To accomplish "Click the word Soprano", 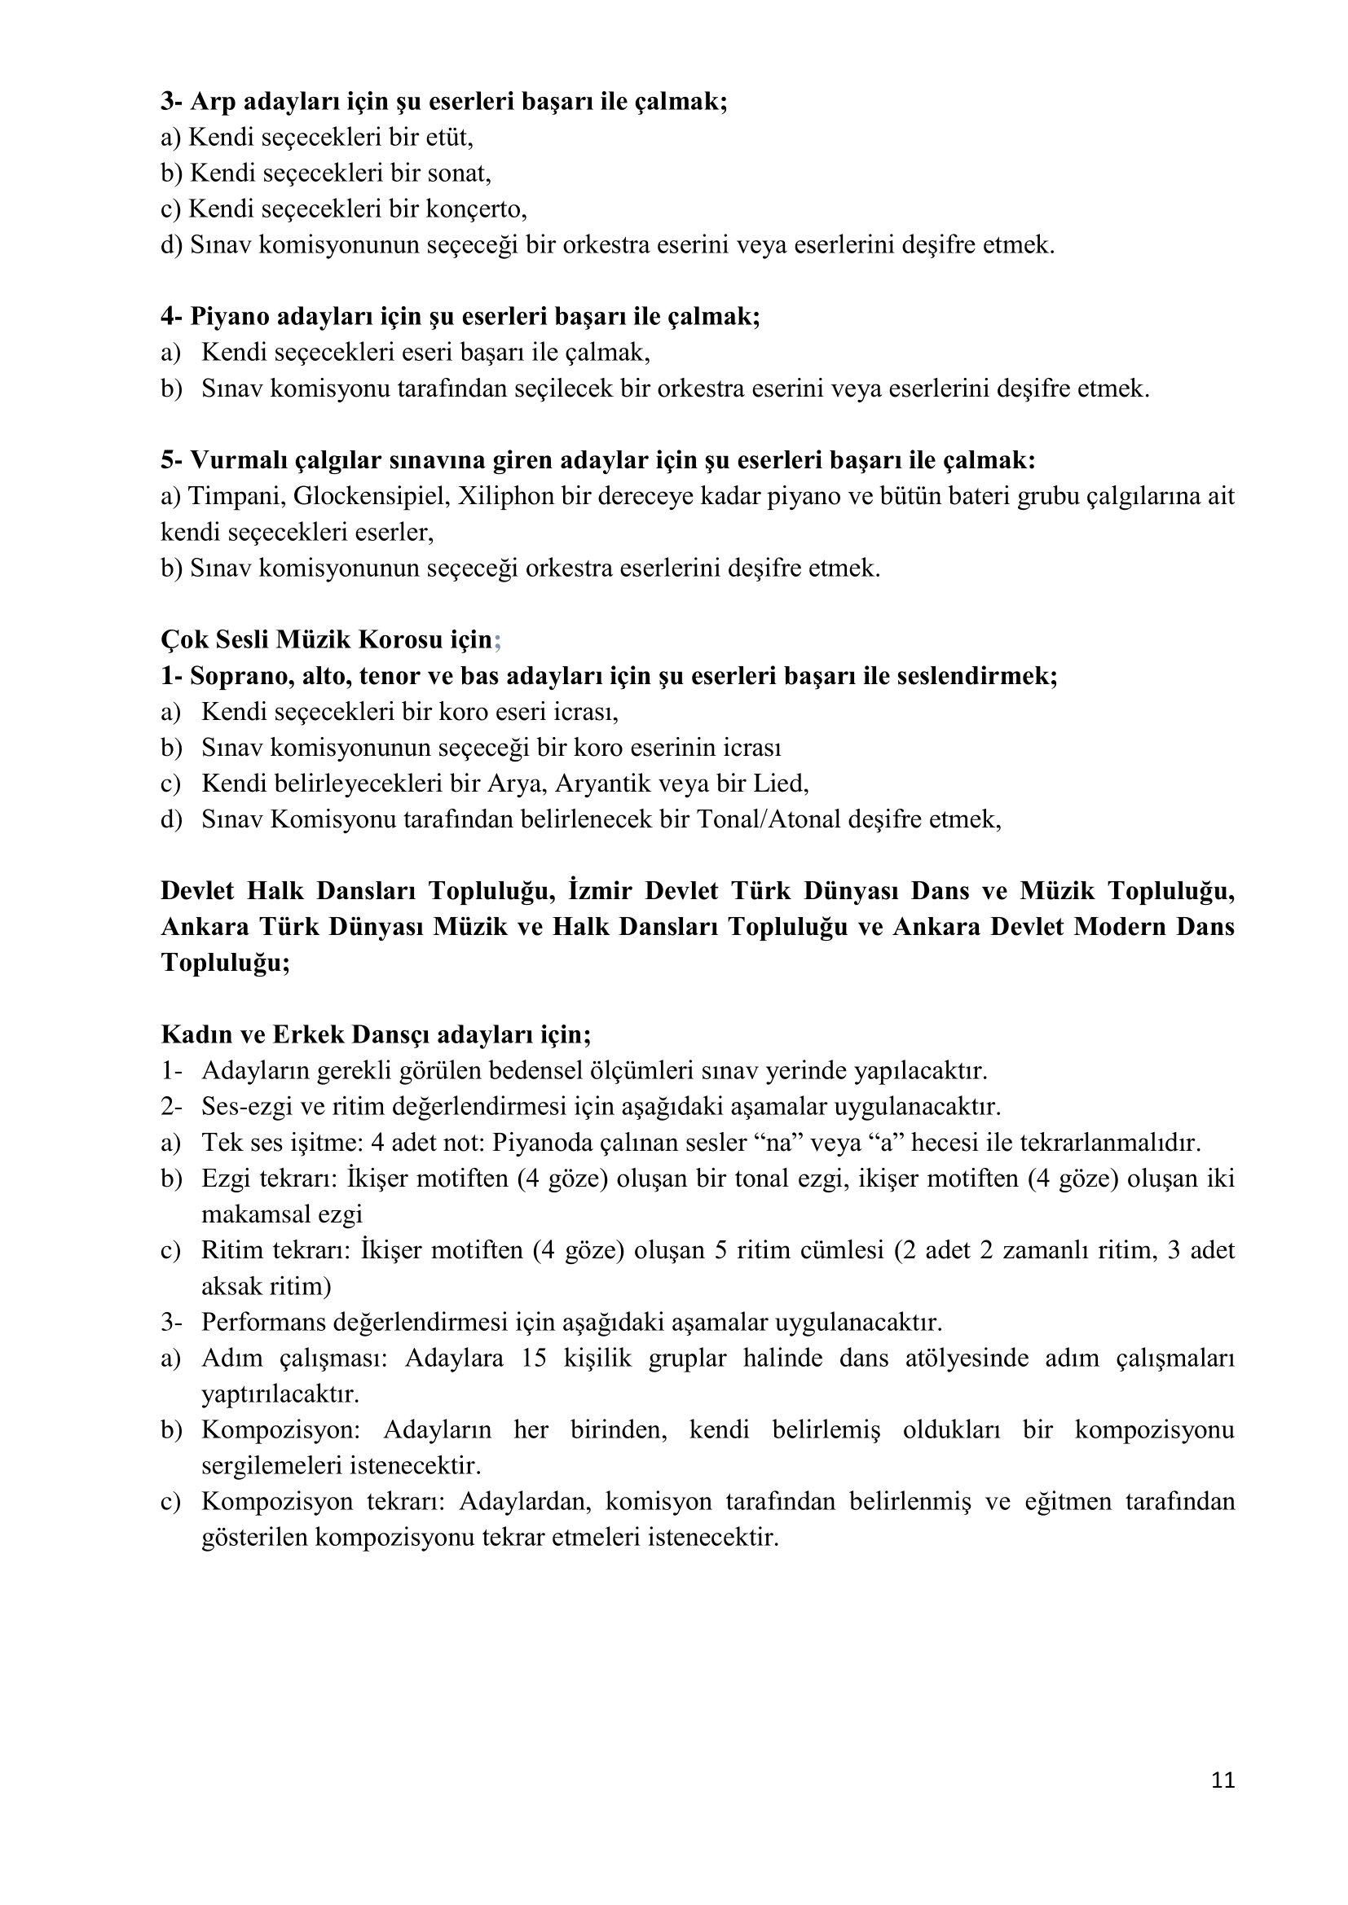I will [x=240, y=675].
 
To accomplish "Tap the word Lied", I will [x=782, y=784].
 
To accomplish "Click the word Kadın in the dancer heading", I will [x=188, y=1034].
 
